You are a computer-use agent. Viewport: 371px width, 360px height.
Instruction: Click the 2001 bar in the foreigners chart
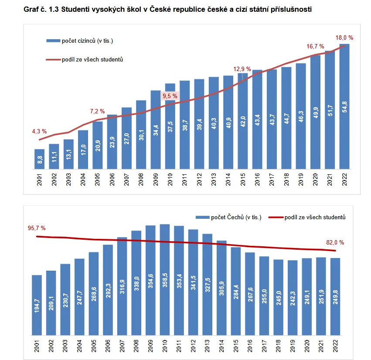click(40, 159)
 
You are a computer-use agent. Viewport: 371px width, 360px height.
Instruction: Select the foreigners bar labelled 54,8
click(344, 106)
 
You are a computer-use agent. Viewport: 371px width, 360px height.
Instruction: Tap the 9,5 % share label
click(170, 96)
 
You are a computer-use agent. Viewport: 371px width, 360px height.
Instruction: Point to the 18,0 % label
click(344, 37)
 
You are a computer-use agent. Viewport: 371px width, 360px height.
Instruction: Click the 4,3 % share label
click(39, 131)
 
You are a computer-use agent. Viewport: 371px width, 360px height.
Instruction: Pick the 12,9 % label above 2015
click(242, 69)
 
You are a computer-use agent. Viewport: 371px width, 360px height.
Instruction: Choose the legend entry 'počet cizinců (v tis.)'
click(80, 41)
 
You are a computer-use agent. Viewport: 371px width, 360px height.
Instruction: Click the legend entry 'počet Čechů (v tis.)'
click(228, 217)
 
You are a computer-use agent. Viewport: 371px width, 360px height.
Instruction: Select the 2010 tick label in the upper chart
click(170, 180)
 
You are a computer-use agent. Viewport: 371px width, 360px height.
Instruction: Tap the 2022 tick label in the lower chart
click(335, 346)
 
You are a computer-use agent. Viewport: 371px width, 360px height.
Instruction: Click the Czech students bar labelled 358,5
click(165, 280)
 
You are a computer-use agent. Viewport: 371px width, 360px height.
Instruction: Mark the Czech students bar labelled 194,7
click(37, 305)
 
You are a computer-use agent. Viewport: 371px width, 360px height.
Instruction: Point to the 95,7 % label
click(37, 228)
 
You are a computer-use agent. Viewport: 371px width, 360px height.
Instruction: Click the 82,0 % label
click(335, 242)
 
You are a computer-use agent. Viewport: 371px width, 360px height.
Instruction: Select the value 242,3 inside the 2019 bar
click(293, 299)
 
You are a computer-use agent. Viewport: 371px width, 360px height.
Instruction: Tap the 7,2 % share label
click(97, 111)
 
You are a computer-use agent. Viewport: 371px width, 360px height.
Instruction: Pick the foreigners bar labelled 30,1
click(141, 135)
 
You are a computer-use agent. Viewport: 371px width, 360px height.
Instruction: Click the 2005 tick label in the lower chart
click(94, 346)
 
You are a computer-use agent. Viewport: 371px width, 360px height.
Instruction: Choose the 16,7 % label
click(315, 46)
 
